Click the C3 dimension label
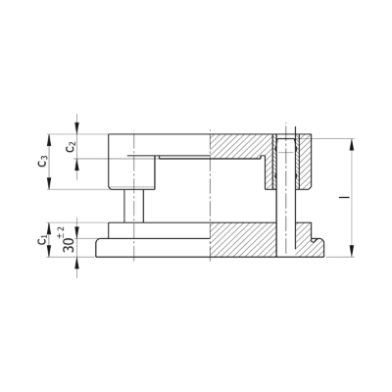tap(43, 162)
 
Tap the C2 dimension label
tap(71, 147)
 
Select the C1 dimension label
tap(42, 240)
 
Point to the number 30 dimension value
tap(69, 244)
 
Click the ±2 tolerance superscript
tap(61, 230)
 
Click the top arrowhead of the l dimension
tap(352, 145)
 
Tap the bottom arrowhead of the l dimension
tap(352, 251)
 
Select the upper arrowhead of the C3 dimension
tap(49, 140)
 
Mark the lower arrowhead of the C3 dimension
tap(49, 183)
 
